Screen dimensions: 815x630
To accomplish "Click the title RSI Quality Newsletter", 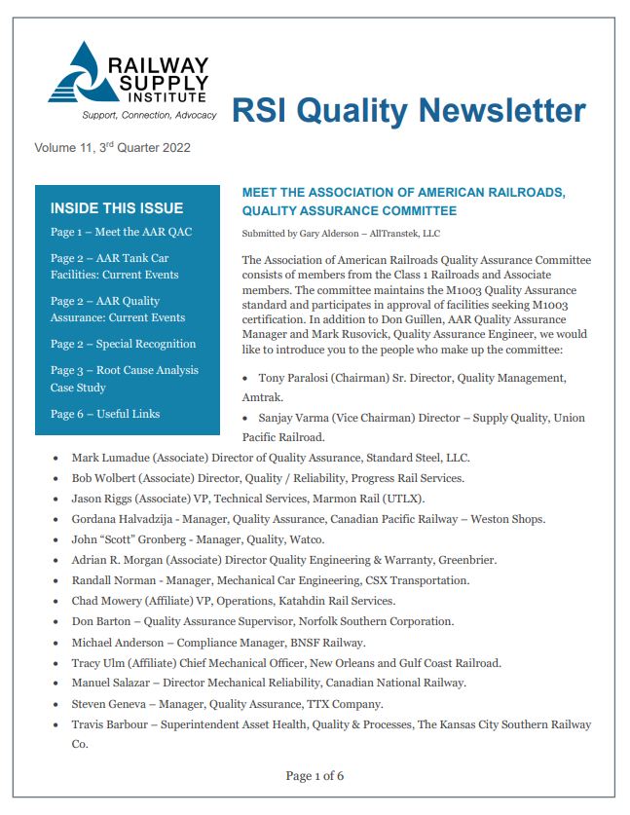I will pos(408,110).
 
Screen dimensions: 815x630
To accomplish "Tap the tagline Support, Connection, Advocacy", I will pos(143,115).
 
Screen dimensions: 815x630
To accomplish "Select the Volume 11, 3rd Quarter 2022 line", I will pos(112,149).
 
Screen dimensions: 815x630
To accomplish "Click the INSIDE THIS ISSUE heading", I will pos(116,207).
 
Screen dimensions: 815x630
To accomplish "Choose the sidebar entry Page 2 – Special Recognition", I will pos(123,344).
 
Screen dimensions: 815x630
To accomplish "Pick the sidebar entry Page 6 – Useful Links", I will pos(105,414).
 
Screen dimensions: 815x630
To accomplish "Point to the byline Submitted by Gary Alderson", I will pos(341,234).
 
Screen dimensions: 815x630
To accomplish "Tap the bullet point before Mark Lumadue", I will pos(56,458).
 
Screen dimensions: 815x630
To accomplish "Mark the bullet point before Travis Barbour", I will pos(56,724).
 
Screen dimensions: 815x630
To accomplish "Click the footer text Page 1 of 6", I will pos(315,776).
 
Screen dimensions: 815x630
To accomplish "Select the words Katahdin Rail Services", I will pos(327,601).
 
